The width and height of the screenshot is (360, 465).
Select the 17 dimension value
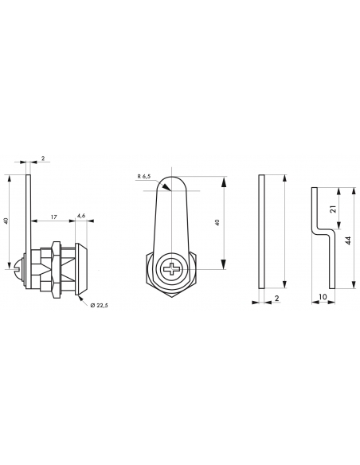pyautogui.click(x=53, y=217)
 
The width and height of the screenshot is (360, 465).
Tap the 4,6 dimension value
pyautogui.click(x=83, y=217)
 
